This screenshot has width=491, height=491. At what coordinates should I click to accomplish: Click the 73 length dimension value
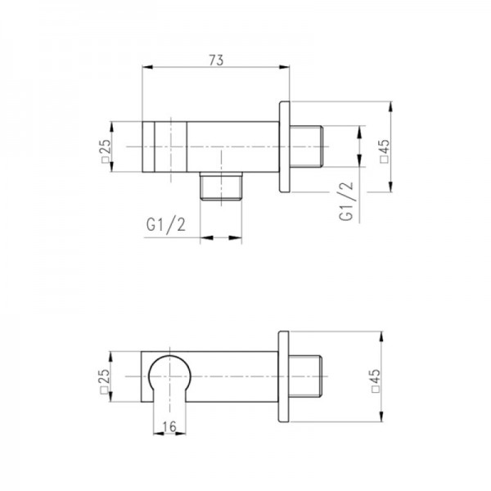[216, 60]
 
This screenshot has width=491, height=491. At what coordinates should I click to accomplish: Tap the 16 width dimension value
[169, 426]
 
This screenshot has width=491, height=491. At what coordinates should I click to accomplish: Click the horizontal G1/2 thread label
[166, 225]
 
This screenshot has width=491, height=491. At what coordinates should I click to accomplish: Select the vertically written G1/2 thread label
[346, 201]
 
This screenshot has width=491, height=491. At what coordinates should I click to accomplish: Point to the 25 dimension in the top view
[106, 151]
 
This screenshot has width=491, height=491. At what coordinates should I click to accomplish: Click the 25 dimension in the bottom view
[104, 381]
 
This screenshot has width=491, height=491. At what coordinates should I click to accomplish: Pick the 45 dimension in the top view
[385, 151]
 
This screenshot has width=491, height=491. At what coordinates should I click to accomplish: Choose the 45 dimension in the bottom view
[375, 381]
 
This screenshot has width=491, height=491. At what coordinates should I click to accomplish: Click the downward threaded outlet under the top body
[221, 186]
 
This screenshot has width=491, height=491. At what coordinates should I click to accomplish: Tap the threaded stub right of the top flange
[306, 146]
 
